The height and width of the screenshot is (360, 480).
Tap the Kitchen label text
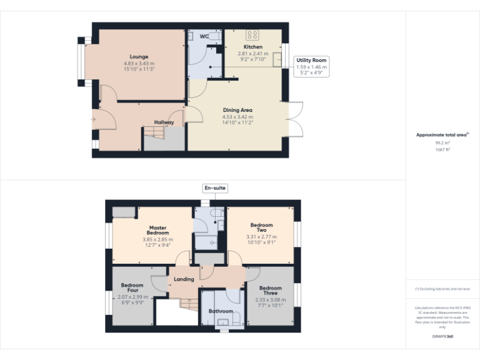(253, 47)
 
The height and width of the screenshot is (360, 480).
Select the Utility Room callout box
(311, 66)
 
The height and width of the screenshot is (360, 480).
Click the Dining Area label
(237, 110)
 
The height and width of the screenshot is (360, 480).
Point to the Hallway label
(164, 122)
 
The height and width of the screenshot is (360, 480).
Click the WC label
(204, 36)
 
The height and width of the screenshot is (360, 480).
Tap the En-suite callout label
(215, 187)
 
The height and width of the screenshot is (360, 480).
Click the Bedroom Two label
(262, 227)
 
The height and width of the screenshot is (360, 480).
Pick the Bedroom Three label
(270, 291)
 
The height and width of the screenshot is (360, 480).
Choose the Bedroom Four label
(132, 288)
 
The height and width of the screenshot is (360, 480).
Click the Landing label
(184, 279)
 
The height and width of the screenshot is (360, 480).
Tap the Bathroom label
(221, 311)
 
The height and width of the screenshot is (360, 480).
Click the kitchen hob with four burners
(252, 35)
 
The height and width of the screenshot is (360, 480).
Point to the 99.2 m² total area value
(442, 143)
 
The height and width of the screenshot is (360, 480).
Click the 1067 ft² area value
(442, 150)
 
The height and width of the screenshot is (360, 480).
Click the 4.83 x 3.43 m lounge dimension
(139, 63)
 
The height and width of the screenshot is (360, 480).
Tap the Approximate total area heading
(441, 134)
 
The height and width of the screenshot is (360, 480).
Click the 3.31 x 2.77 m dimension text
(262, 237)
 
